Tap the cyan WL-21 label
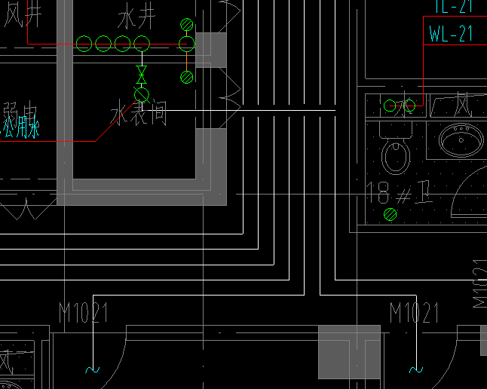pyautogui.click(x=450, y=34)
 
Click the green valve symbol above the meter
pyautogui.click(x=141, y=75)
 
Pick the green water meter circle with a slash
pyautogui.click(x=141, y=94)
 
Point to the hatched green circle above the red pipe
pyautogui.click(x=187, y=25)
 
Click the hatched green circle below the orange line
pyautogui.click(x=187, y=77)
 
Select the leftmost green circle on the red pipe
pyautogui.click(x=84, y=44)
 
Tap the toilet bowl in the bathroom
pyautogui.click(x=395, y=155)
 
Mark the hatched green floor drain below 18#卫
pyautogui.click(x=390, y=215)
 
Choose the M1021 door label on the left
pyautogui.click(x=83, y=312)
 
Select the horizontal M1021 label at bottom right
pyautogui.click(x=414, y=312)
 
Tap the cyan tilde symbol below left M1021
pyautogui.click(x=92, y=369)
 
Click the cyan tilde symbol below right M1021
pyautogui.click(x=414, y=369)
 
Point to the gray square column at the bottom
pyautogui.click(x=349, y=351)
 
